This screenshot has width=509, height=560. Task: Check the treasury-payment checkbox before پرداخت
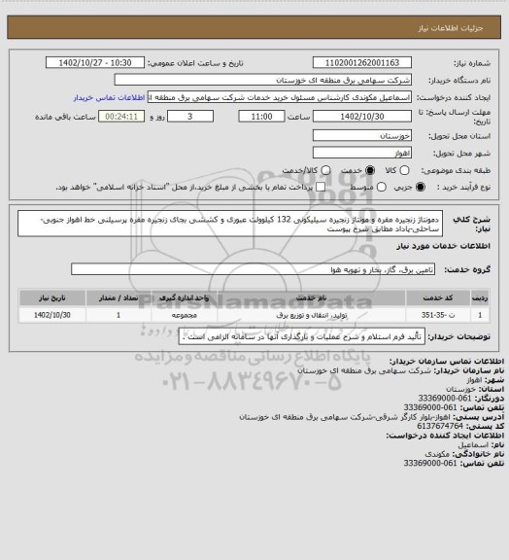click(316, 186)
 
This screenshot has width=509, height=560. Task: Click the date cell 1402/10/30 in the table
click(57, 315)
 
